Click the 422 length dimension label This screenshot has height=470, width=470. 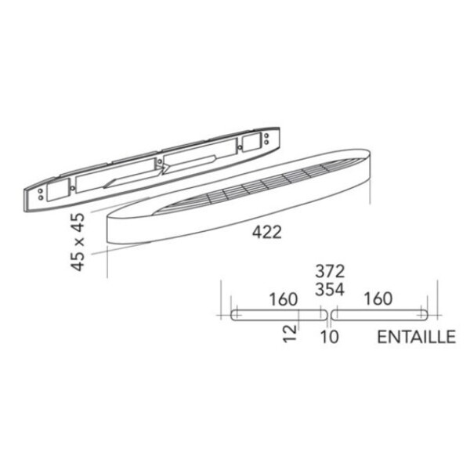pyautogui.click(x=267, y=232)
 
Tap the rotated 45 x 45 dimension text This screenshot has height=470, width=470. pyautogui.click(x=78, y=241)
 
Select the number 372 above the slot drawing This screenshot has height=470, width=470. pyautogui.click(x=330, y=272)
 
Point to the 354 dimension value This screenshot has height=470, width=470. pyautogui.click(x=330, y=290)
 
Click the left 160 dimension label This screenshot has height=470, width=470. pyautogui.click(x=284, y=299)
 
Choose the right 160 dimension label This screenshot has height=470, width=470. pyautogui.click(x=378, y=298)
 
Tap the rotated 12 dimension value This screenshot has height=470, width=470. pyautogui.click(x=290, y=334)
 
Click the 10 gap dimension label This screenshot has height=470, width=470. pyautogui.click(x=330, y=336)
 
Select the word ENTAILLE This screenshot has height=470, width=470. pyautogui.click(x=417, y=337)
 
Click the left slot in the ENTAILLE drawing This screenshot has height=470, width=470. pyautogui.click(x=279, y=315)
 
